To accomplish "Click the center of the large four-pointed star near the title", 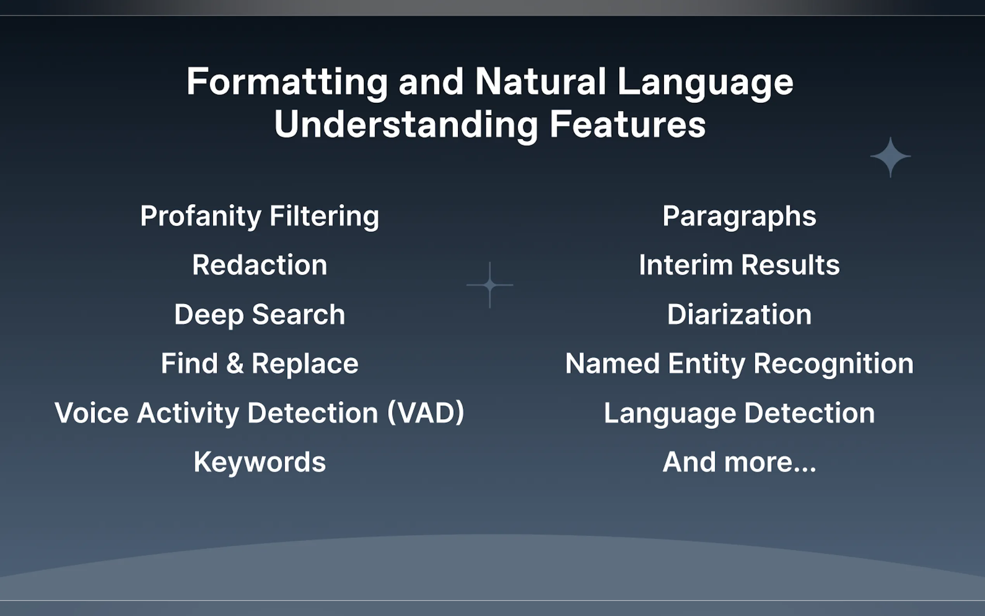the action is [x=890, y=157].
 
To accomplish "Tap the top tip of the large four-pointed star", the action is [x=890, y=137].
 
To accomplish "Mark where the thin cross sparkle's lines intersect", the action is [x=490, y=285].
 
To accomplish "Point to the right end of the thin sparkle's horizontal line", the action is [x=513, y=285].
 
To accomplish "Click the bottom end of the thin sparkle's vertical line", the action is [x=490, y=308].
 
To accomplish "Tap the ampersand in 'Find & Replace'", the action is [x=235, y=363].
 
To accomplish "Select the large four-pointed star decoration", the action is [x=890, y=157].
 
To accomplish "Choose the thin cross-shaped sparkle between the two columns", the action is [x=490, y=285].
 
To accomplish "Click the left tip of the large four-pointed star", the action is [x=871, y=157].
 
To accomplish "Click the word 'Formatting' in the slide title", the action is [x=287, y=83].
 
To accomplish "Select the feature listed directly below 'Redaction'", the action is [x=260, y=315].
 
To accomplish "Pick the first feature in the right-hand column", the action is [x=740, y=216].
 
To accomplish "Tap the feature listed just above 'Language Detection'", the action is [x=740, y=364].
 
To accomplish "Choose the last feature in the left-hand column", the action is [x=260, y=462].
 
